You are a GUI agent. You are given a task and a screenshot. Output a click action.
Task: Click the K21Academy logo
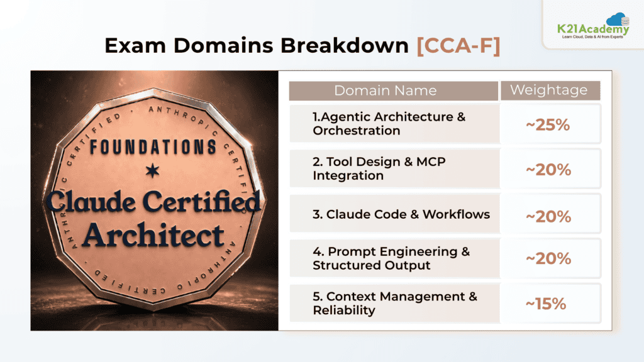pyautogui.click(x=593, y=26)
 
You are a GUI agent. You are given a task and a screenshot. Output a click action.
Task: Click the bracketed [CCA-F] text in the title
pyautogui.click(x=458, y=45)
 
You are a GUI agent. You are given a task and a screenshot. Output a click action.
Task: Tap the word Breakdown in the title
pyautogui.click(x=345, y=45)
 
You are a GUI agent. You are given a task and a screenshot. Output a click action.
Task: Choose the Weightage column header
pyautogui.click(x=550, y=90)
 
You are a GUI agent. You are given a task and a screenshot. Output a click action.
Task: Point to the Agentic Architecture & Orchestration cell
pyautogui.click(x=395, y=124)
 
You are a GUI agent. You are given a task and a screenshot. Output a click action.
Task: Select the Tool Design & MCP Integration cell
pyautogui.click(x=395, y=168)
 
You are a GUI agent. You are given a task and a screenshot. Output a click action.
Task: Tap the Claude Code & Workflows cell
pyautogui.click(x=395, y=214)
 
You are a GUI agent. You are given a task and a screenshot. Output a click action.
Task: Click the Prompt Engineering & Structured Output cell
pyautogui.click(x=395, y=258)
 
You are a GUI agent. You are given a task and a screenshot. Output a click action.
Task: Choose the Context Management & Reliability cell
pyautogui.click(x=395, y=304)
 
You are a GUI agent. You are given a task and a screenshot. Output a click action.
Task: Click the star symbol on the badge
pyautogui.click(x=152, y=170)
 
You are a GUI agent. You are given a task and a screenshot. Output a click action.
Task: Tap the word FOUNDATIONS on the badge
pyautogui.click(x=153, y=147)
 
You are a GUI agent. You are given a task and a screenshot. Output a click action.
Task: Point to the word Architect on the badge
pyautogui.click(x=154, y=235)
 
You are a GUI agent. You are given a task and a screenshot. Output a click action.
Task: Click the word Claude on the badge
pyautogui.click(x=91, y=201)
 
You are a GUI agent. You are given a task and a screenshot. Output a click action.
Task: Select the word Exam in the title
pyautogui.click(x=135, y=45)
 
